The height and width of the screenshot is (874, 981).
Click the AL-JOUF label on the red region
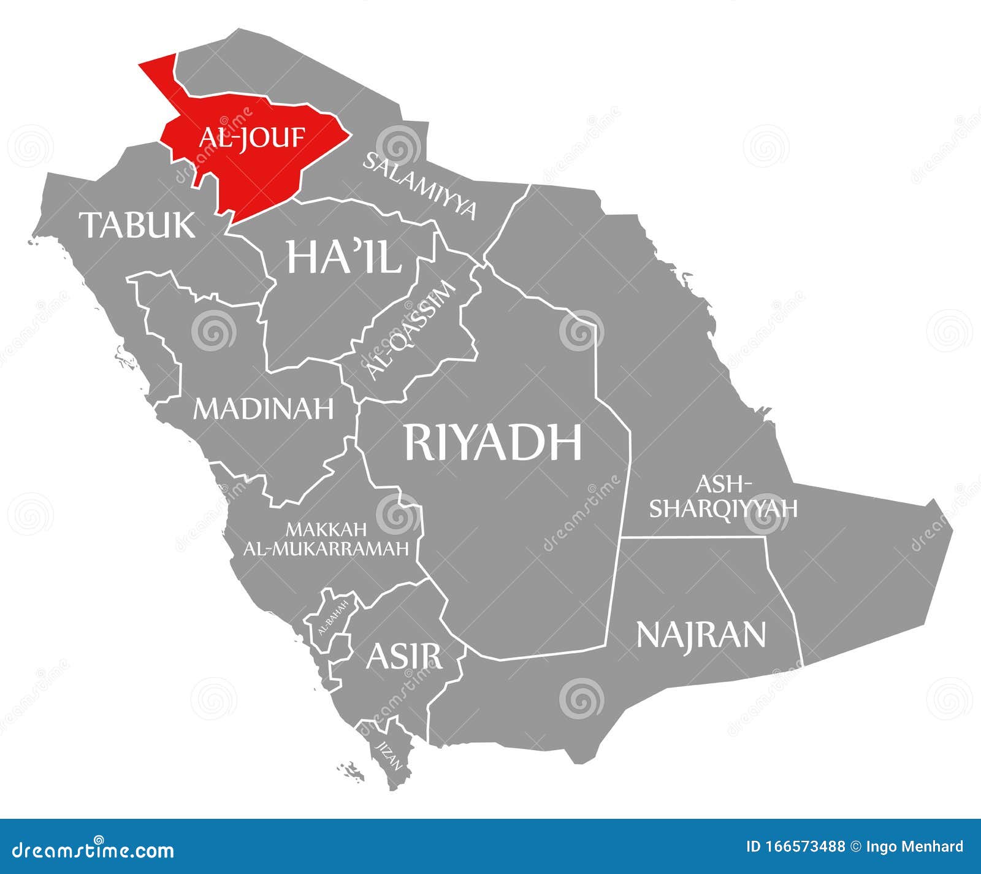[x=251, y=137]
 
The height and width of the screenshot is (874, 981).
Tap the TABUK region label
[x=139, y=224]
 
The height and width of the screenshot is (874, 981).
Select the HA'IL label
[x=344, y=256]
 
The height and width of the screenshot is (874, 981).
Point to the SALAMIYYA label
[x=420, y=185]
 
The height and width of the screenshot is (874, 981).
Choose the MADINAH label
[x=264, y=408]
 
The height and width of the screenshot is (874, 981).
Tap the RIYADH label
[x=492, y=442]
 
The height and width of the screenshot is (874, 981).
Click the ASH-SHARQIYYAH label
[x=723, y=496]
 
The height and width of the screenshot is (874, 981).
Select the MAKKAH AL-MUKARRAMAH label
[x=326, y=538]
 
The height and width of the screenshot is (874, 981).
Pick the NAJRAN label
[x=701, y=634]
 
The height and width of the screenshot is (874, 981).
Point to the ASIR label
[x=403, y=656]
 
